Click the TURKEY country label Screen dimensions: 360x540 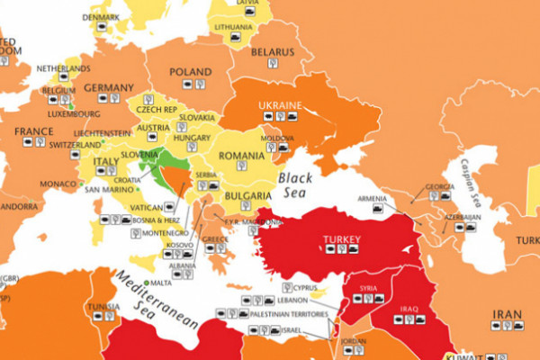[x=341, y=240]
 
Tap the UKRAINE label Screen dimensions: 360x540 [x=280, y=105]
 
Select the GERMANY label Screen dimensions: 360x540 [x=108, y=87]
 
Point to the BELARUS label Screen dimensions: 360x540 [x=271, y=52]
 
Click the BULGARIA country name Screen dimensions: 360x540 [x=248, y=195]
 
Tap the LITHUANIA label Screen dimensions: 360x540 [x=233, y=28]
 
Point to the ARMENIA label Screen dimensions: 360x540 [x=373, y=198]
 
